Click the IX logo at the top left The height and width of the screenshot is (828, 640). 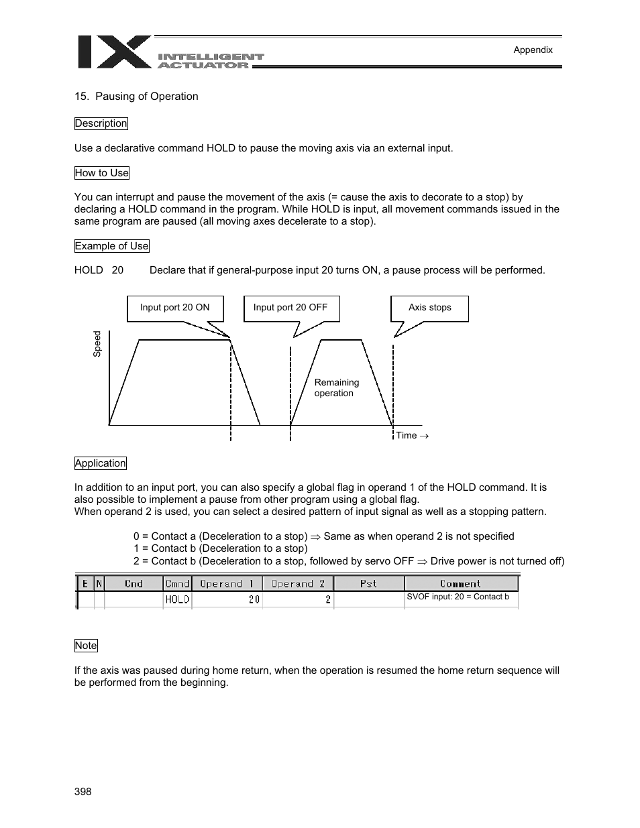click(x=114, y=52)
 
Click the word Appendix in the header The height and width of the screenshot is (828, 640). click(x=533, y=50)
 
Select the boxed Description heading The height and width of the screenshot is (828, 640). click(x=101, y=123)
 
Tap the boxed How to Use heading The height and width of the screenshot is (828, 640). click(x=101, y=173)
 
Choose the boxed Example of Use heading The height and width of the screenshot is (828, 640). click(x=111, y=246)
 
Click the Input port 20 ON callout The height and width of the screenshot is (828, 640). click(x=174, y=308)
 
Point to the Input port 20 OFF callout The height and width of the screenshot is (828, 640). click(x=290, y=308)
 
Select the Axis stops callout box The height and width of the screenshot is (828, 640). click(x=429, y=308)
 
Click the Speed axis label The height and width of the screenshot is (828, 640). click(x=97, y=344)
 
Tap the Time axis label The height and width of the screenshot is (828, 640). click(x=411, y=436)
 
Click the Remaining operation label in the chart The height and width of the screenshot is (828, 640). click(x=336, y=388)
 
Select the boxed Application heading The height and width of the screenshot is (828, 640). click(x=100, y=463)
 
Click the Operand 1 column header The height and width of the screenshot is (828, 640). click(x=227, y=584)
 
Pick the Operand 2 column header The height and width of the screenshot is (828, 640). click(x=298, y=584)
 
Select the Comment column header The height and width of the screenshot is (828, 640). click(x=461, y=584)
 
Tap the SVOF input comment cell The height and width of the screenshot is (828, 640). click(x=458, y=597)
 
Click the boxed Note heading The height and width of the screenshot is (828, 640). click(x=86, y=646)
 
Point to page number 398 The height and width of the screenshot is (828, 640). click(x=83, y=792)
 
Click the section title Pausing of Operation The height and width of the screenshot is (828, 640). click(x=136, y=97)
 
